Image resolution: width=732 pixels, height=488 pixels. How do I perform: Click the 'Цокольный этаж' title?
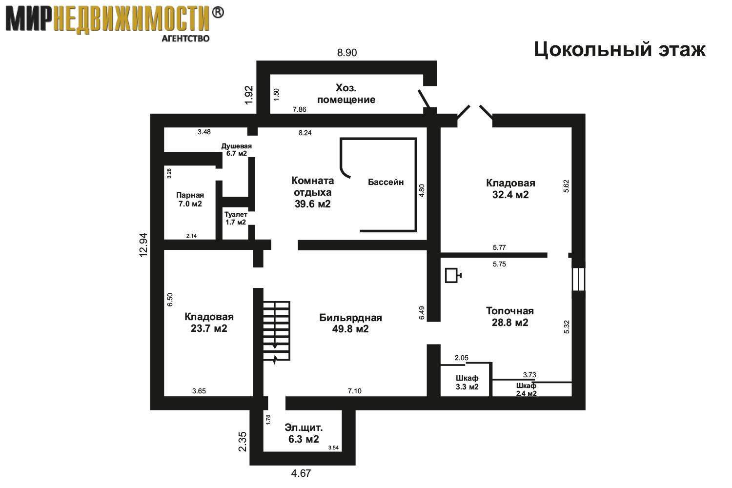[620, 50]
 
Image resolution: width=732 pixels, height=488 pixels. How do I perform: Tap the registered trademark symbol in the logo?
[218, 12]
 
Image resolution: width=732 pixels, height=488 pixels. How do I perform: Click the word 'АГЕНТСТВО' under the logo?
[185, 39]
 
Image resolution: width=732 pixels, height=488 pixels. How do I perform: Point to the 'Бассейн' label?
[386, 182]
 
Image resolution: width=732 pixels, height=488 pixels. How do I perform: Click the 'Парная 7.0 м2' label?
[190, 200]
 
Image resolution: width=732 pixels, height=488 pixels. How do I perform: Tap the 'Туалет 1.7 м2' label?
[236, 218]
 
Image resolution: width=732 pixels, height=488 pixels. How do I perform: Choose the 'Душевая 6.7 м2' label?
[236, 150]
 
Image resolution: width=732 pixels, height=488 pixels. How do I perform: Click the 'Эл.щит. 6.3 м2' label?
[303, 433]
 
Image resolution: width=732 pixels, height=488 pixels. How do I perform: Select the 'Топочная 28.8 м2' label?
[510, 316]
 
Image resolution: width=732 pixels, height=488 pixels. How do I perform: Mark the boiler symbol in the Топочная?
[453, 275]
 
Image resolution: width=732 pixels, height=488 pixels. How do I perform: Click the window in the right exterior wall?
[578, 279]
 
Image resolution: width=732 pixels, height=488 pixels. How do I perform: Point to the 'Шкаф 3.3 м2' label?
[467, 383]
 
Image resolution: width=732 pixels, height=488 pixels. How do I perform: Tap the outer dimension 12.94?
[143, 245]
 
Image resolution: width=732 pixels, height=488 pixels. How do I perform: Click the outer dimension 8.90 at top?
[346, 53]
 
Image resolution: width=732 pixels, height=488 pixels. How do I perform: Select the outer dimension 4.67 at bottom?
[301, 473]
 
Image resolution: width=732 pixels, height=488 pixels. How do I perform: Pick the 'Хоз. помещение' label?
[346, 94]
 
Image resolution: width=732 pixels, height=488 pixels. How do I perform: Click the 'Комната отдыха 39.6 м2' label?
[312, 192]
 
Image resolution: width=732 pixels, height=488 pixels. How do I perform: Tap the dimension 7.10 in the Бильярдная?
[355, 390]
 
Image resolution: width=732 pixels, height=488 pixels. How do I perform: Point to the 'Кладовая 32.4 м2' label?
[510, 188]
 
